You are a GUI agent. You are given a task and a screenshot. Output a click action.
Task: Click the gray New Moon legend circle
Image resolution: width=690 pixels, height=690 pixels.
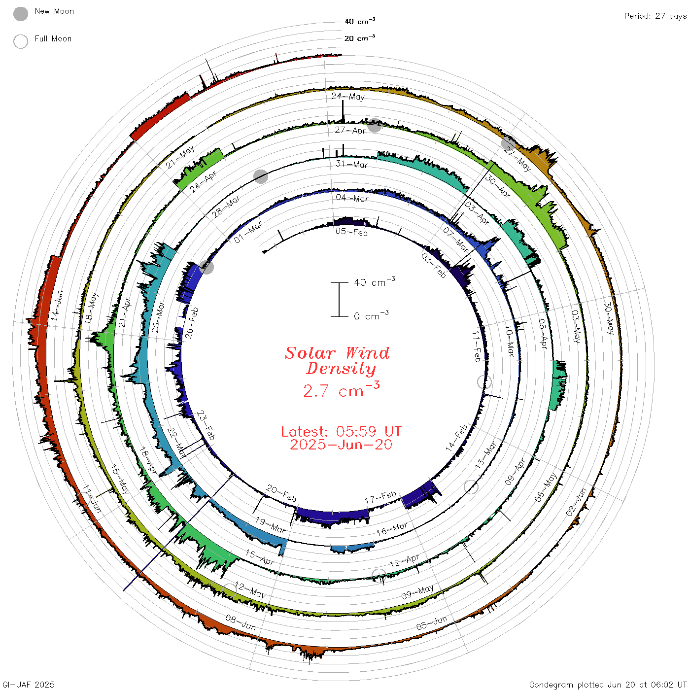(21, 14)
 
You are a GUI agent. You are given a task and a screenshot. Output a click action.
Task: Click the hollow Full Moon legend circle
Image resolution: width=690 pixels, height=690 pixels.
(21, 41)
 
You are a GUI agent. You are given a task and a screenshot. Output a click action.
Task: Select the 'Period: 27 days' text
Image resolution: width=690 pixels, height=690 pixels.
(655, 16)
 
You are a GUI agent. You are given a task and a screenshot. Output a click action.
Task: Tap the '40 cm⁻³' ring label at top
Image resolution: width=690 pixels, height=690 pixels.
(360, 21)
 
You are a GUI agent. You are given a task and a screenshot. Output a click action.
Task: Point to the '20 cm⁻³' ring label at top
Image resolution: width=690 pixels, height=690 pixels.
(360, 37)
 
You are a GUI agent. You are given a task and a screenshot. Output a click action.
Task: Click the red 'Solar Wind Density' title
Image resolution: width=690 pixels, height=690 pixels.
(337, 361)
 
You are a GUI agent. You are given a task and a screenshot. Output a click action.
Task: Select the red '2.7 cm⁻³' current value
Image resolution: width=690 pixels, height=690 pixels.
(341, 389)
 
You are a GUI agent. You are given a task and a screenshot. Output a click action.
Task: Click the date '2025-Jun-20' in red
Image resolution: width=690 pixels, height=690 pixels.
(341, 445)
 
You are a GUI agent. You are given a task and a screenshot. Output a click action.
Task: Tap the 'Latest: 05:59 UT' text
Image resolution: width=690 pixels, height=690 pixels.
(341, 431)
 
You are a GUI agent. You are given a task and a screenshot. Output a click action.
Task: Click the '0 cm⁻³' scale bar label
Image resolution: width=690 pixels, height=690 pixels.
(371, 315)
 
